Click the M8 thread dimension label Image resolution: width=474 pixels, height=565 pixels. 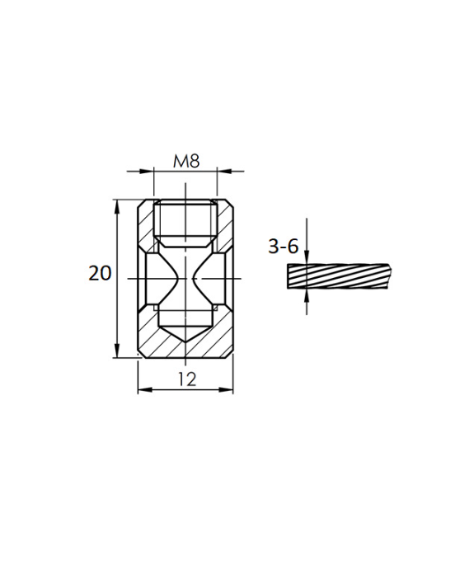pos(186,161)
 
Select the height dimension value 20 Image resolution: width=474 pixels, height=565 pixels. pos(100,273)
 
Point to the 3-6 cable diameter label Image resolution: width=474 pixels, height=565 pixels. pos(283,245)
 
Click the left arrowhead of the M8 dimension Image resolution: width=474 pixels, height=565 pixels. pos(149,172)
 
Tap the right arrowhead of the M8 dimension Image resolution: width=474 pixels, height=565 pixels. pos(222,172)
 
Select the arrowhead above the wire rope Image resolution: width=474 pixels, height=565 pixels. pos(307,258)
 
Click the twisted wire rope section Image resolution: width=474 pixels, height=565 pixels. pos(338,277)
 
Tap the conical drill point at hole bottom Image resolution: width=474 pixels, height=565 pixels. pos(186,334)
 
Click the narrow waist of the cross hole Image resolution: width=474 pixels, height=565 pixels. pos(186,279)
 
